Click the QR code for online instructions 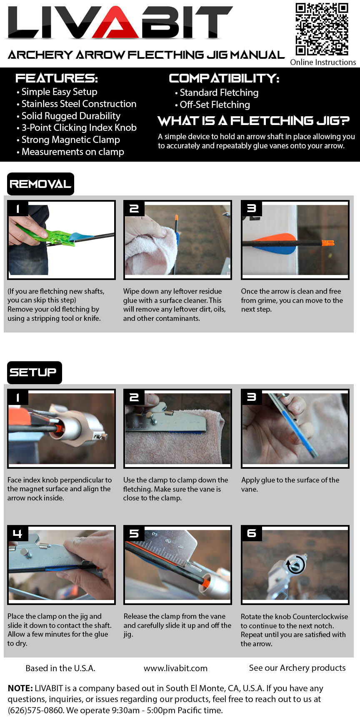[x=322, y=29]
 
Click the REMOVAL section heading [x=40, y=184]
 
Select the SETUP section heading [x=34, y=372]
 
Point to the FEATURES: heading [x=57, y=78]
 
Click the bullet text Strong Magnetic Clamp [x=70, y=140]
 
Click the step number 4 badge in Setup [x=17, y=534]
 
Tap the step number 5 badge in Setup [x=134, y=534]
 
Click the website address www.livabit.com [x=175, y=668]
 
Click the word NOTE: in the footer [x=20, y=688]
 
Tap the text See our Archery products [x=297, y=668]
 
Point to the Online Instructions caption [x=323, y=62]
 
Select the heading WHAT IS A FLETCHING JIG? [x=254, y=121]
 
